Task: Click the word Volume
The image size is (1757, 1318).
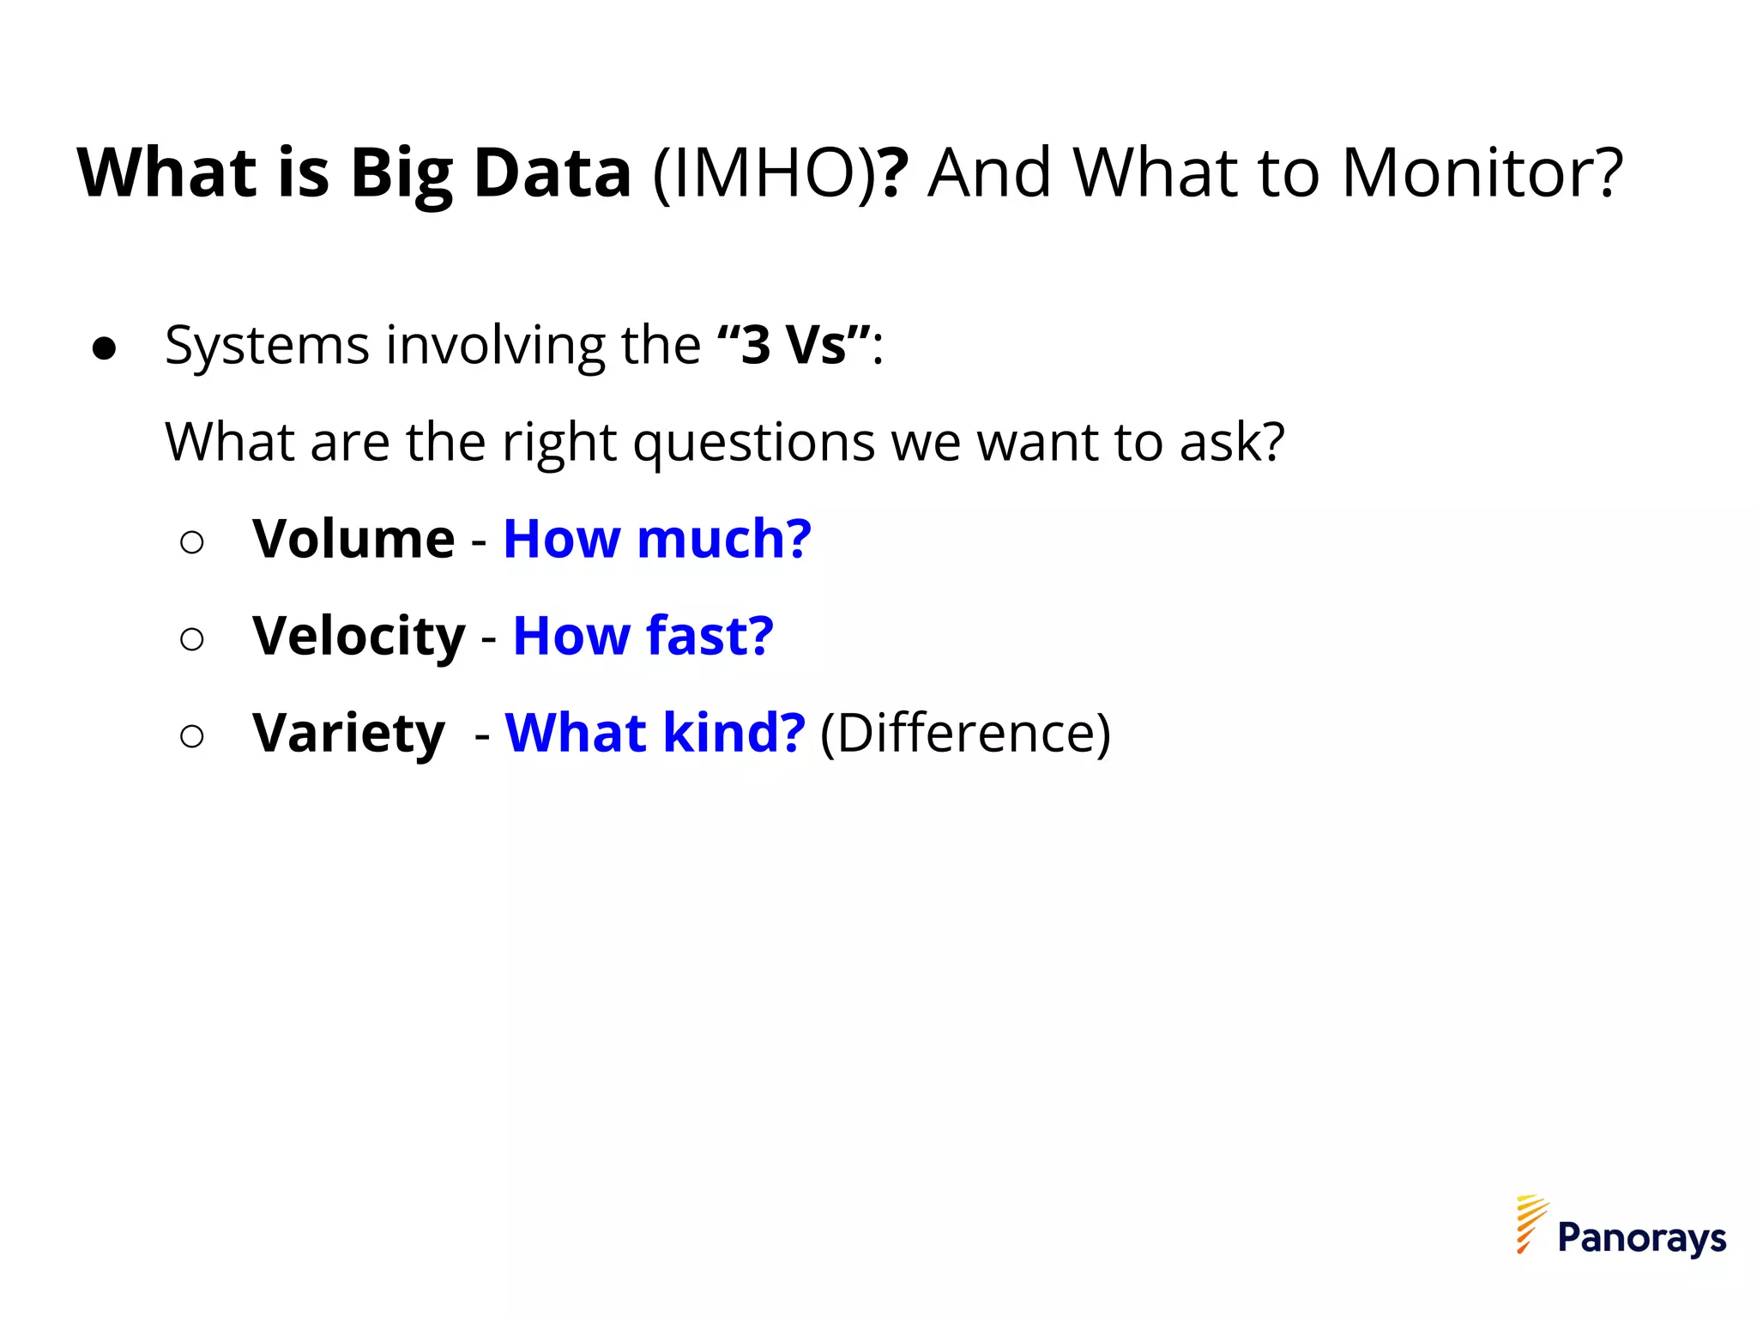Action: pos(353,540)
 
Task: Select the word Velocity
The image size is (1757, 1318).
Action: pos(359,637)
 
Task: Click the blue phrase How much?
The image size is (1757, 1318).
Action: pos(657,540)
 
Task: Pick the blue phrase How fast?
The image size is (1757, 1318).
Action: pos(643,637)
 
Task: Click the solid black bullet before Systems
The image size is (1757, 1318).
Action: pos(105,348)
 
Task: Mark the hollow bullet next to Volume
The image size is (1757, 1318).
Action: pos(192,542)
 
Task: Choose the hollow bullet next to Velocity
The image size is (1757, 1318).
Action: pos(192,639)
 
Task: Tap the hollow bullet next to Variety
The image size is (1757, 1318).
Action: pos(192,736)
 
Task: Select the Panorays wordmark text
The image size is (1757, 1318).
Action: pos(1641,1238)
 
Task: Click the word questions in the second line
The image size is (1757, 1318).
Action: pos(753,444)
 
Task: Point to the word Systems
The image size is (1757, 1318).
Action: pos(267,348)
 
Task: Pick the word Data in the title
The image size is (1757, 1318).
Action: pos(552,173)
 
